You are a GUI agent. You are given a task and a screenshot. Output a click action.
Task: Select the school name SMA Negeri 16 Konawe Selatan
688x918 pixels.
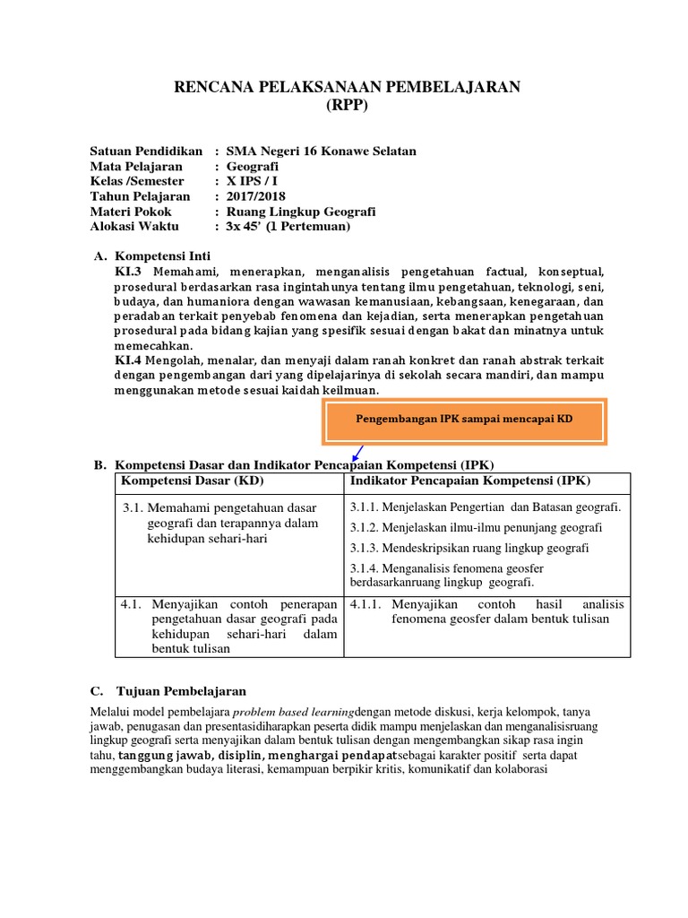(x=321, y=152)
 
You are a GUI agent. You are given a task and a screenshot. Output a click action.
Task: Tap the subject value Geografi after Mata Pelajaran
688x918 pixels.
(x=253, y=167)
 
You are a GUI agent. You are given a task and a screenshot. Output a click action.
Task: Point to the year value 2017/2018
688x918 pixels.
(x=258, y=196)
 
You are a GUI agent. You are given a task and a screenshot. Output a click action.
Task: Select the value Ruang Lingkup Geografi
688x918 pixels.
(x=301, y=212)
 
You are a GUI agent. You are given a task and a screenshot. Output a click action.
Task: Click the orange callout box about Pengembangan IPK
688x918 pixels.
(x=464, y=420)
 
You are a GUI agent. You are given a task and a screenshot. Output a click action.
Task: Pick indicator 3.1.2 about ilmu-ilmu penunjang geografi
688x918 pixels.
(x=476, y=527)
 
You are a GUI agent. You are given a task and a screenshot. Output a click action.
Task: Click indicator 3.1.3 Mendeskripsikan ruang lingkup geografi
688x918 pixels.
(x=469, y=548)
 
